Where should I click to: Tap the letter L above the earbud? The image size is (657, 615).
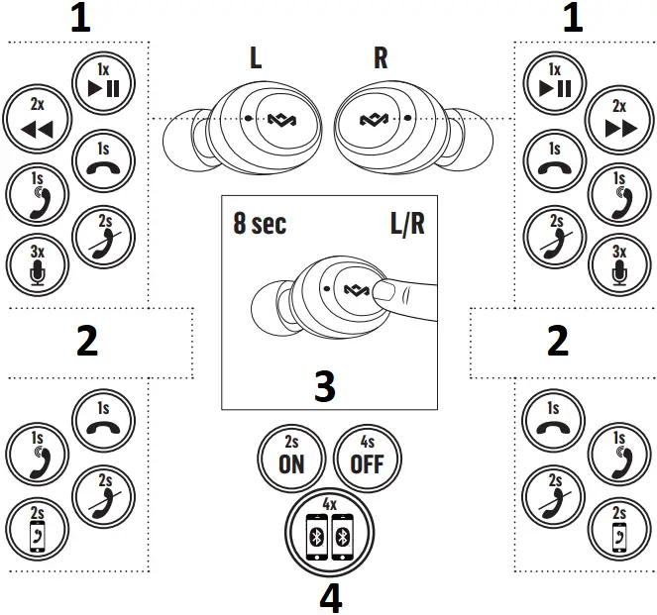pyautogui.click(x=256, y=58)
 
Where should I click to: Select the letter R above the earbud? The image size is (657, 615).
pyautogui.click(x=381, y=58)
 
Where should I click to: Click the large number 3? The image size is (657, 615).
pyautogui.click(x=325, y=386)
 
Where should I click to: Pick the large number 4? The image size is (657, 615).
pyautogui.click(x=330, y=596)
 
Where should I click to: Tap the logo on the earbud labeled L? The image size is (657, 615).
pyautogui.click(x=277, y=120)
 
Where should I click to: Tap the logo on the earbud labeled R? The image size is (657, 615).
pyautogui.click(x=375, y=120)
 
